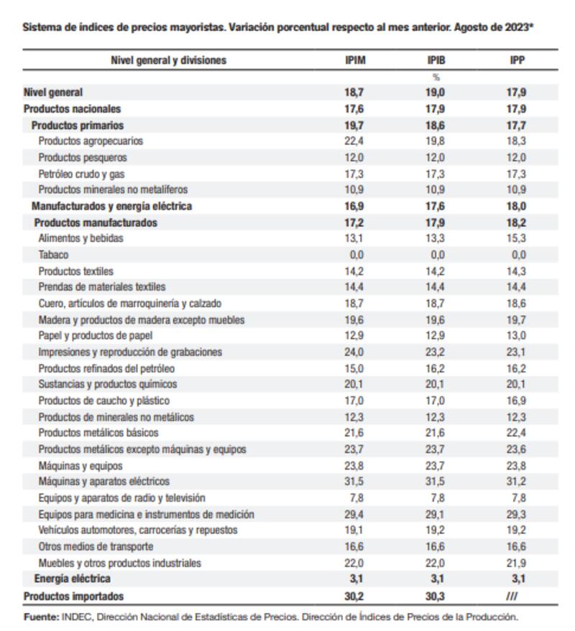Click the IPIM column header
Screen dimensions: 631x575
pos(355,60)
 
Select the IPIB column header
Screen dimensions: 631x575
pos(436,60)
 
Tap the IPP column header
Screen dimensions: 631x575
pos(517,60)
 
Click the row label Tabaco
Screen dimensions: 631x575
pos(54,255)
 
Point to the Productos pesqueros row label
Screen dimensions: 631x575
pos(83,158)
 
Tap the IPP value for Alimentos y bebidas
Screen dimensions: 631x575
pos(517,238)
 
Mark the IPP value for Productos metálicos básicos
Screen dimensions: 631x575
pos(517,433)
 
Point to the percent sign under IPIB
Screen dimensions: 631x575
pos(436,77)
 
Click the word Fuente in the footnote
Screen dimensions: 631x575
pos(40,616)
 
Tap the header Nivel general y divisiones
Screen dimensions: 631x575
pos(168,60)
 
